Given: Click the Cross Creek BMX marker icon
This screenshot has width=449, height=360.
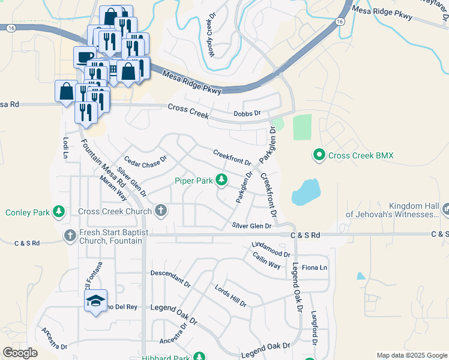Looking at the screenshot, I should [319, 155].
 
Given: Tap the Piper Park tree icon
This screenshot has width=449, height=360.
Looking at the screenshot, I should [222, 179].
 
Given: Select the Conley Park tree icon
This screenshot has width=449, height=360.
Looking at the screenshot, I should [59, 212].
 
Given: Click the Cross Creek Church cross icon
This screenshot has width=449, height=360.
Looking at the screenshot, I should [160, 211].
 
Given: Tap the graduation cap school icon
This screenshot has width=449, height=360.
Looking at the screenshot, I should [95, 301].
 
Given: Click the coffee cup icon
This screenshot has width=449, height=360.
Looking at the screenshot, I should [84, 57].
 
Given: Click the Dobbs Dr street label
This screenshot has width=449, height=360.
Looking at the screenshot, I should [247, 113].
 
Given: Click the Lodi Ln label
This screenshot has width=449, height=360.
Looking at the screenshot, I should [65, 147].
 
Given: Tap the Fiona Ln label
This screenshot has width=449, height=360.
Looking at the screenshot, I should [315, 267].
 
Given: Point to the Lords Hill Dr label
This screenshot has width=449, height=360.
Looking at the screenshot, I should [231, 294].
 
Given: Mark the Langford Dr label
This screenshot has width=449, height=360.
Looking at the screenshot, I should [313, 328].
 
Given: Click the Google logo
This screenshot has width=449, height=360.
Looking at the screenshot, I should [20, 353].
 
